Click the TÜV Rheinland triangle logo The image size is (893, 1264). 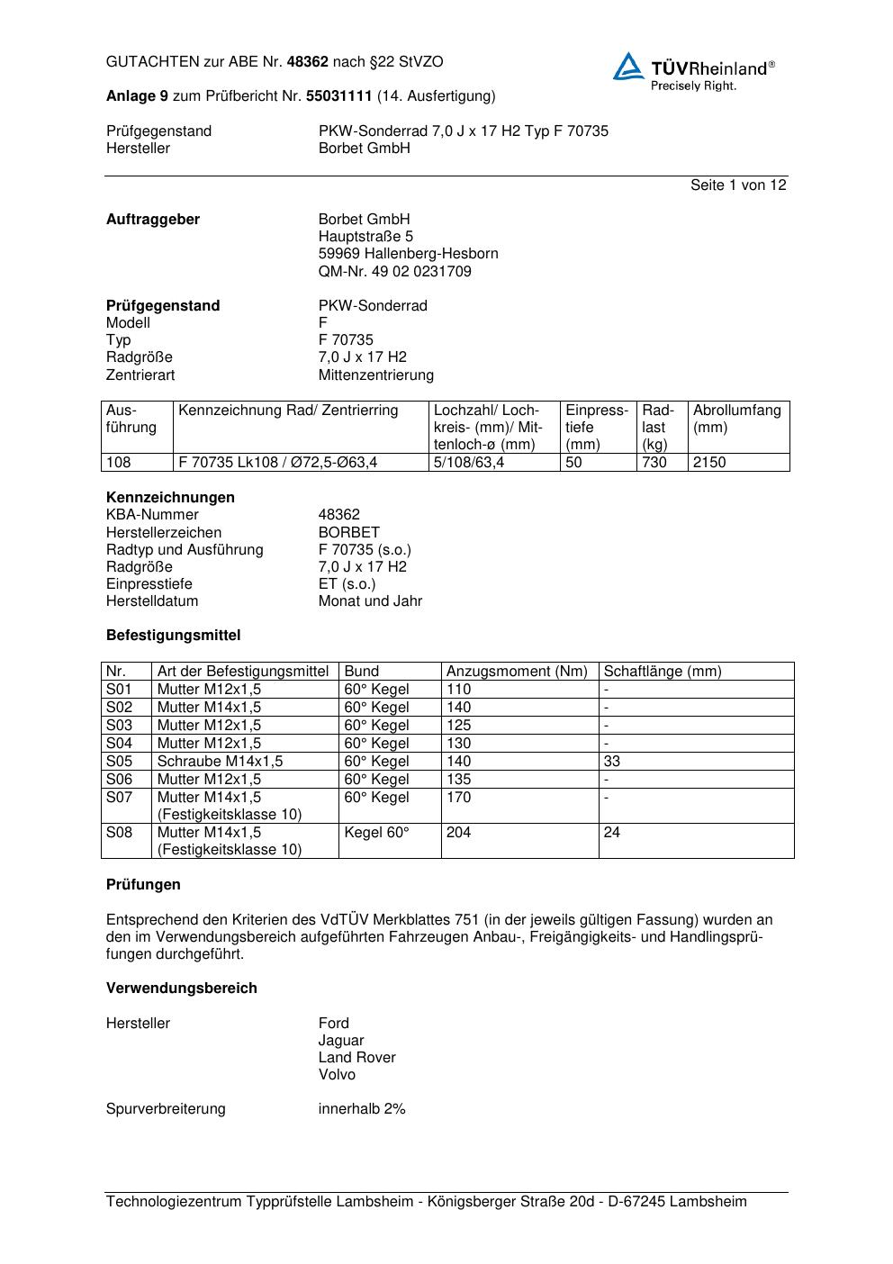click(628, 67)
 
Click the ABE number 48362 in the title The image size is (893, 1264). click(307, 62)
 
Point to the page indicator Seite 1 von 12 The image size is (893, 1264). click(738, 185)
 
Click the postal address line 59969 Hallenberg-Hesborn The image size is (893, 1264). click(408, 254)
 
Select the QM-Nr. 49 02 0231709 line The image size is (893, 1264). click(394, 271)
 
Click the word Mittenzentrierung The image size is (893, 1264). click(375, 375)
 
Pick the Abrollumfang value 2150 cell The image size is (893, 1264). click(709, 463)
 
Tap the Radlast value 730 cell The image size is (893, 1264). click(654, 463)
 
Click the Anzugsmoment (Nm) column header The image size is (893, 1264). click(517, 672)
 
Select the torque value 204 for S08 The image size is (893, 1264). click(459, 833)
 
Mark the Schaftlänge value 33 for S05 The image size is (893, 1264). click(612, 762)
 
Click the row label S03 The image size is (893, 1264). click(120, 726)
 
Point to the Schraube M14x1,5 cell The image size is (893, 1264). click(220, 762)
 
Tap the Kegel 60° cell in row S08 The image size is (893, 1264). click(376, 833)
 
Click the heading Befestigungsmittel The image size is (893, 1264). click(173, 636)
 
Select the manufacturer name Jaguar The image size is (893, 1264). click(341, 1041)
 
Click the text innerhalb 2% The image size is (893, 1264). click(362, 1109)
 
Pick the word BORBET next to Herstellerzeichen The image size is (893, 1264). click(348, 532)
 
